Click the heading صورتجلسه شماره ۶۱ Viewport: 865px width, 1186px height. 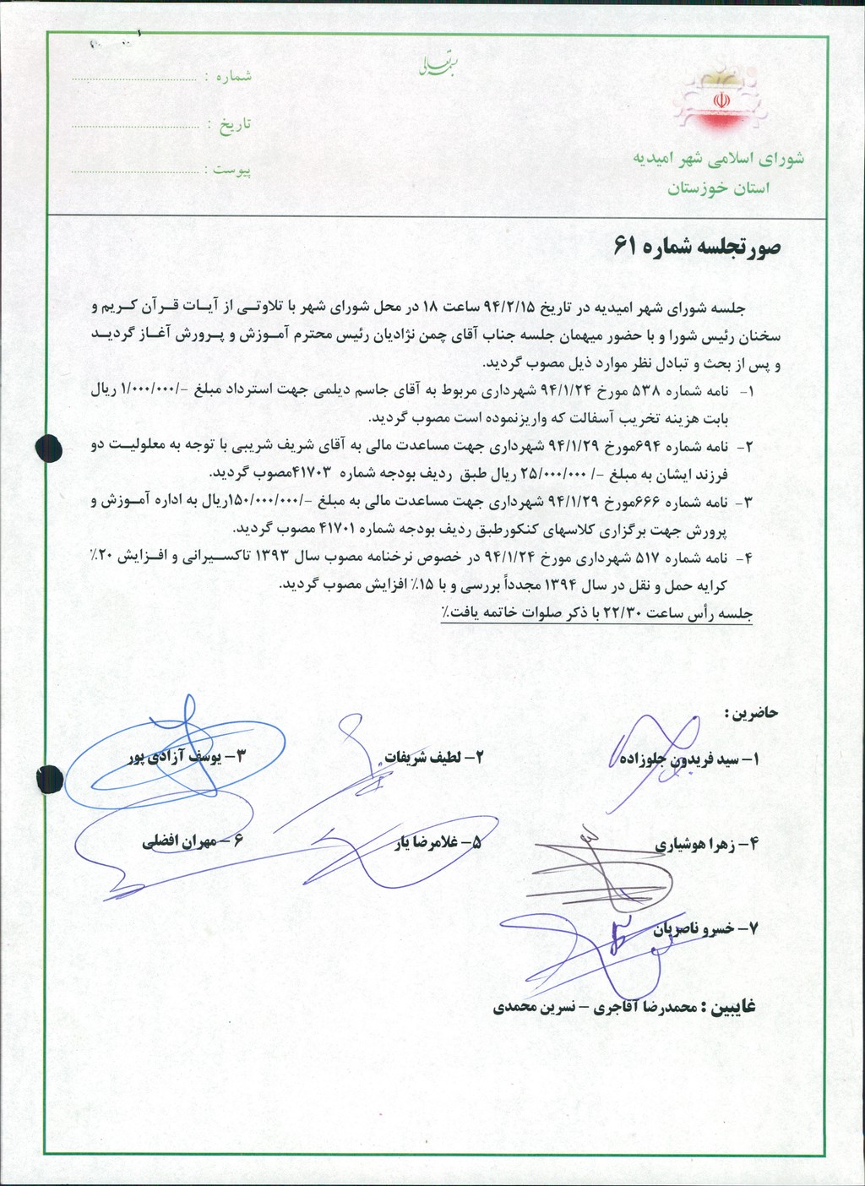(x=699, y=248)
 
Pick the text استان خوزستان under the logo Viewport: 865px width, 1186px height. (x=720, y=189)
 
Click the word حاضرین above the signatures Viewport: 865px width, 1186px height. (x=750, y=715)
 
